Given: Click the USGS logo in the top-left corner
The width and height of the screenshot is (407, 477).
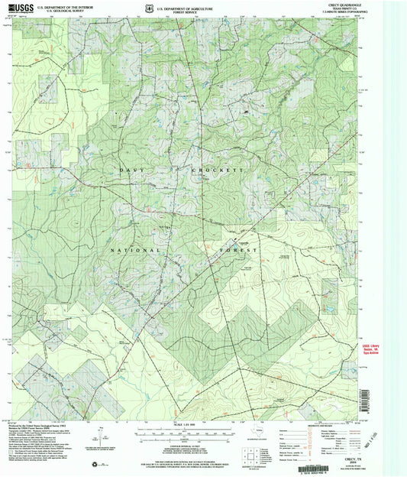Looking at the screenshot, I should click(20, 8).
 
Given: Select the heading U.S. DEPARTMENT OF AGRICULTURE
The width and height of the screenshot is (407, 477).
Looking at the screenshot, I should click(186, 6).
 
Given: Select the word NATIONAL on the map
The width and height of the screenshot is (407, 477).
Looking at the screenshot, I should click(135, 250).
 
